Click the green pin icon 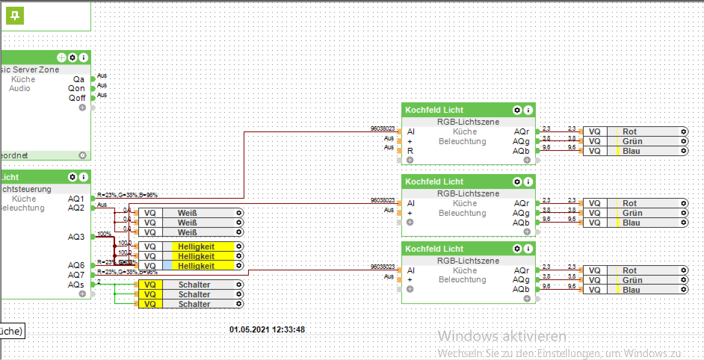coord(15,16)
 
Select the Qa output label coord(79,79)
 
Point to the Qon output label coord(77,89)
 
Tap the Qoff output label coord(77,98)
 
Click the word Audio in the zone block coord(19,89)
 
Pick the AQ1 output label coord(76,199)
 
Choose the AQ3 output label coord(76,237)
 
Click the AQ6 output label coord(76,265)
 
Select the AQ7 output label coord(76,275)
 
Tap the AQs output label coord(76,285)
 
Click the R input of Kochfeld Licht coord(410,151)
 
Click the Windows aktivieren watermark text coord(502,336)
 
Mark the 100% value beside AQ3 coord(104,234)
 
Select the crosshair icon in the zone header coord(61,58)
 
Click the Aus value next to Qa coord(102,75)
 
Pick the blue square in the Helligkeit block coord(167,266)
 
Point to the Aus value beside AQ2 coord(102,205)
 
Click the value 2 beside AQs coord(99,282)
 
